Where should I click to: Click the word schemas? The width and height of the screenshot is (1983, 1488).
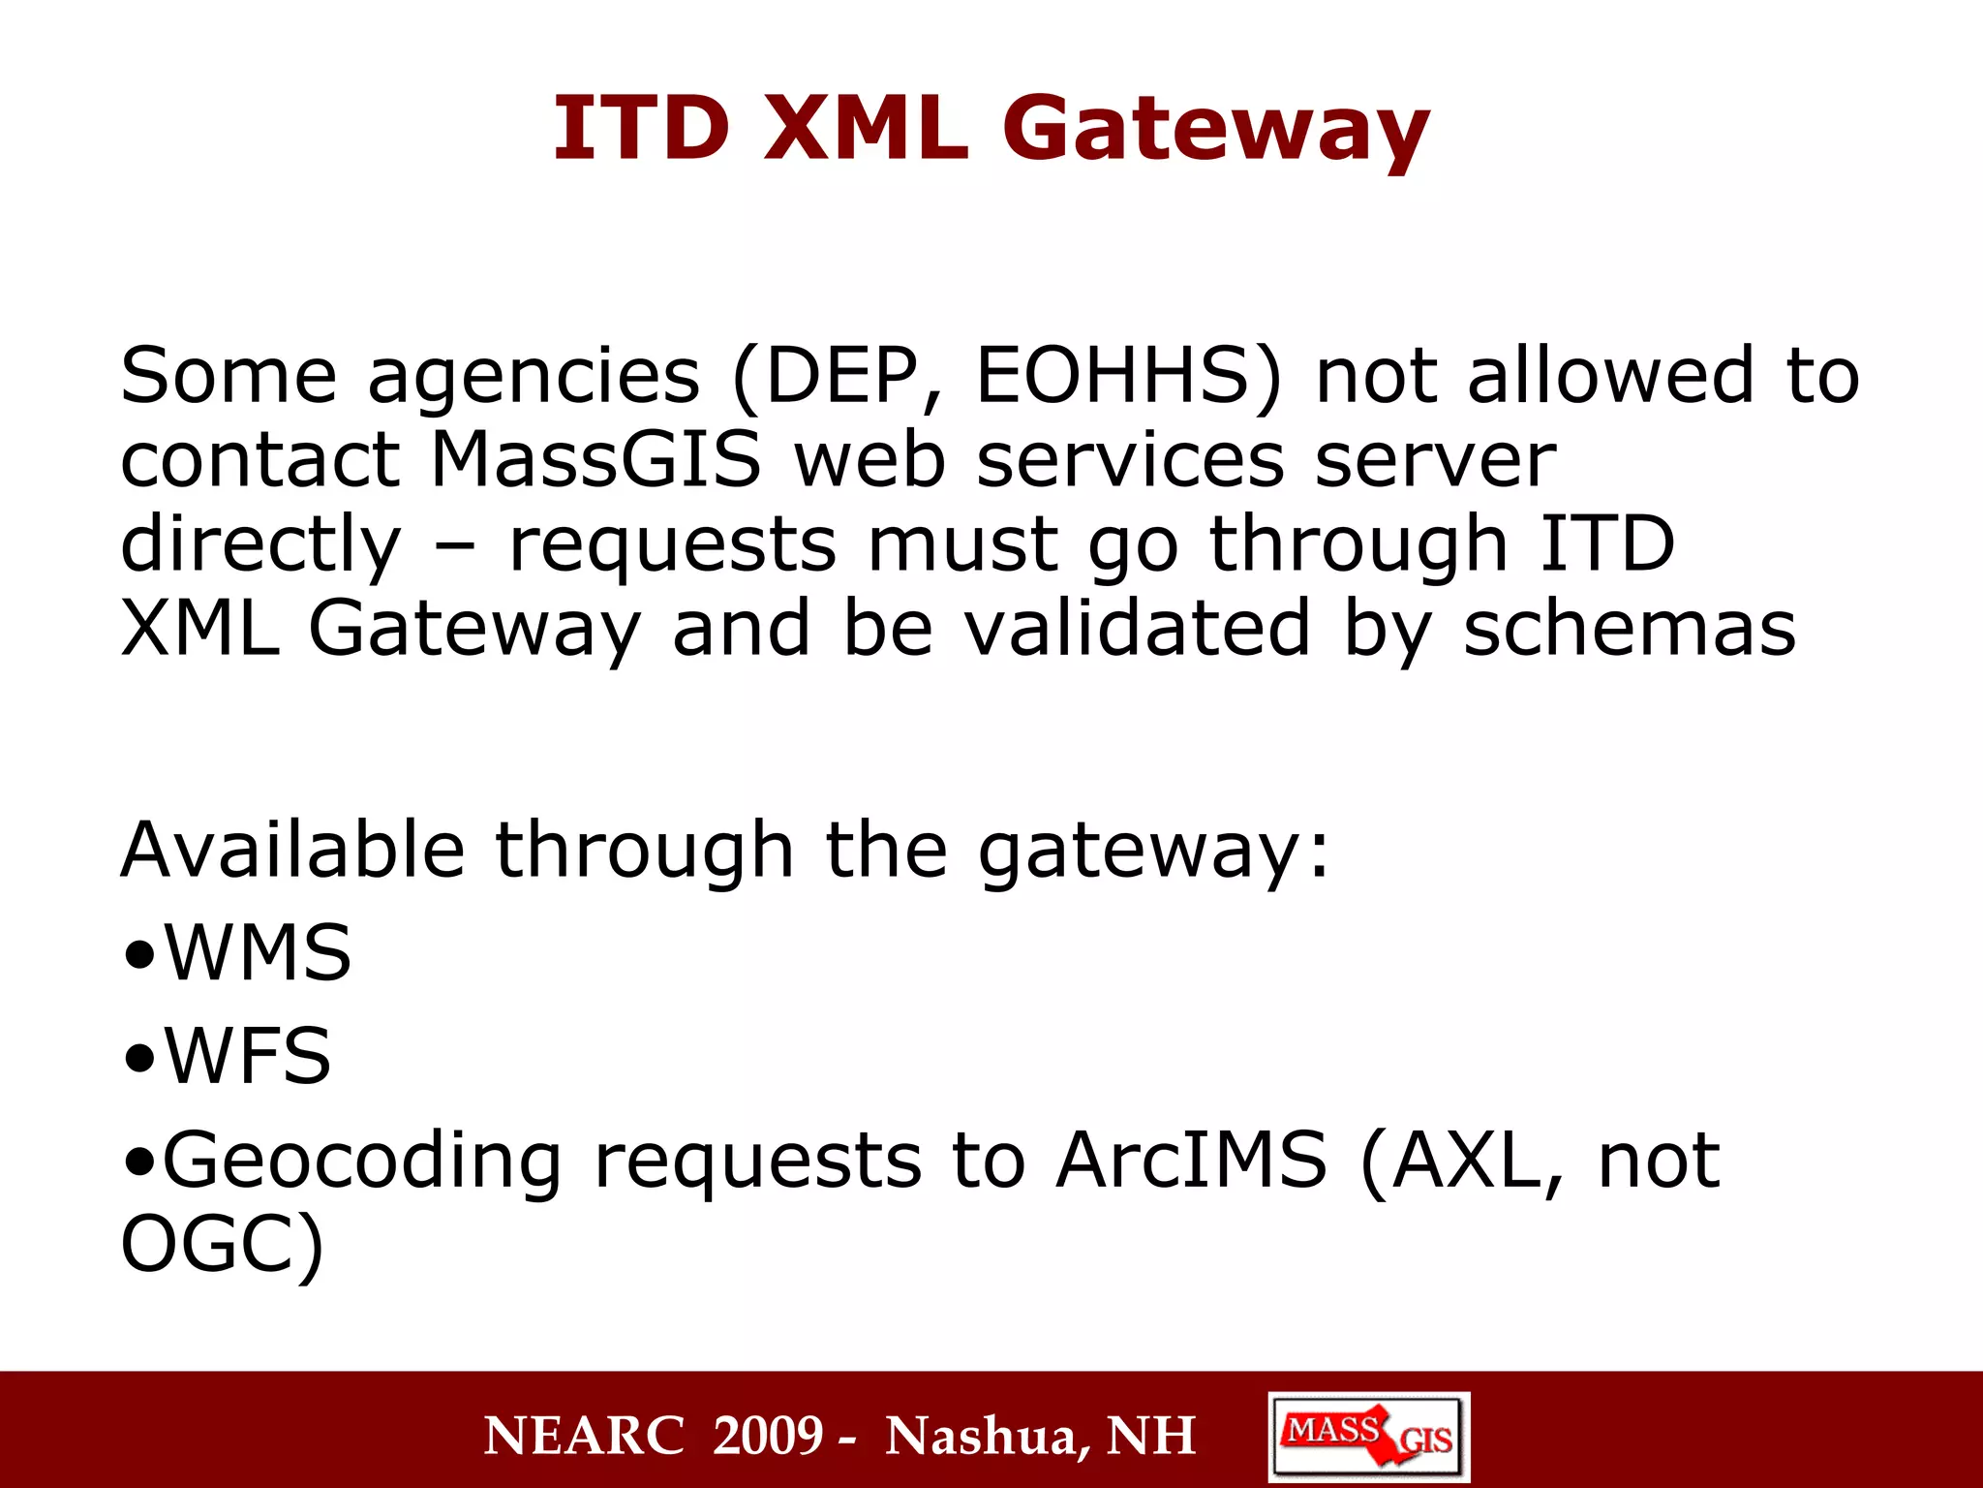1629,629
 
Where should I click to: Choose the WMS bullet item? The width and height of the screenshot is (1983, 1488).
257,953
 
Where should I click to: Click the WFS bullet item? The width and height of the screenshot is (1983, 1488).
247,1056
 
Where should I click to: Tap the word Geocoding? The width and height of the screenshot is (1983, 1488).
361,1162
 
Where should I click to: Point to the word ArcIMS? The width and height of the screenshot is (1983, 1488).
1191,1160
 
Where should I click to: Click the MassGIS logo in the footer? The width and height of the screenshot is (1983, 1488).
1368,1437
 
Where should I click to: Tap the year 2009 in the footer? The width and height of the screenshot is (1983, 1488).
768,1436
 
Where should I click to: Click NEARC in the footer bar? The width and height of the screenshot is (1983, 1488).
585,1436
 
